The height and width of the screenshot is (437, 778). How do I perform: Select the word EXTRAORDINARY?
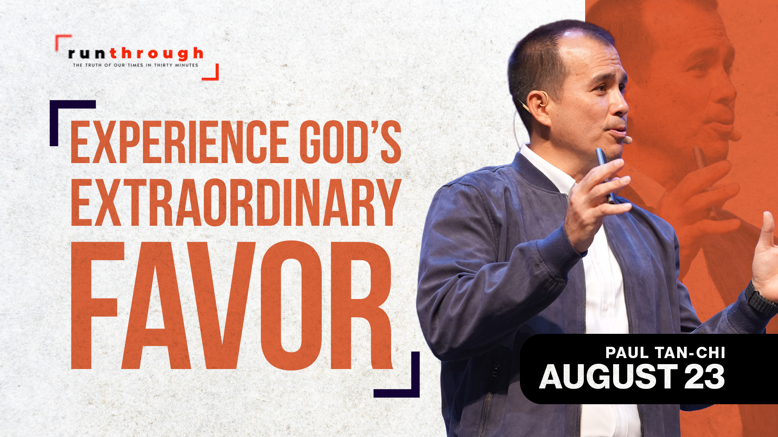(x=236, y=202)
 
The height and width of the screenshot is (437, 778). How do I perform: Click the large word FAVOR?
(x=232, y=305)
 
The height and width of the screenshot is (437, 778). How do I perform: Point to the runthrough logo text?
(x=136, y=53)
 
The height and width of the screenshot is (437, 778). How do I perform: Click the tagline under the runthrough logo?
(x=135, y=65)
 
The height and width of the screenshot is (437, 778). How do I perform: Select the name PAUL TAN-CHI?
(x=665, y=353)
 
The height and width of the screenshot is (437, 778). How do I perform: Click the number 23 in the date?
(x=705, y=377)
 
